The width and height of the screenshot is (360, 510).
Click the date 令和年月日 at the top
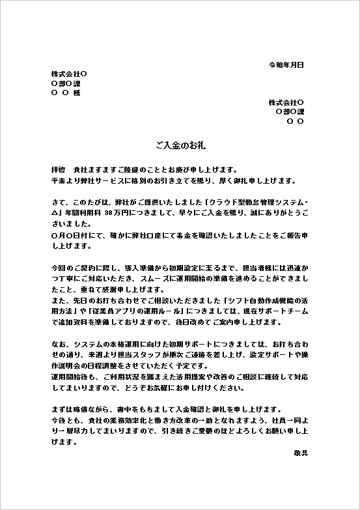[286, 65]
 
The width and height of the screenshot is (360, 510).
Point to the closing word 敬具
[300, 451]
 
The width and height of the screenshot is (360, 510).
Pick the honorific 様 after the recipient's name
[77, 93]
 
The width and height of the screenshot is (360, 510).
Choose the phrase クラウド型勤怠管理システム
[253, 201]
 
